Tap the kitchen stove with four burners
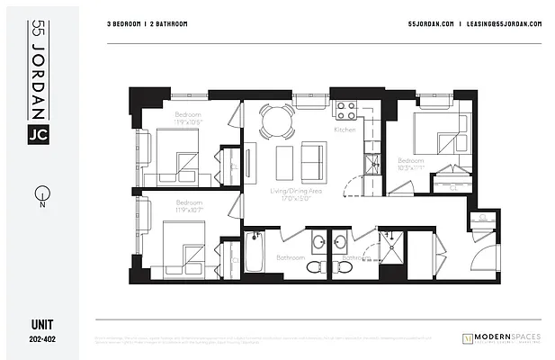click(346, 111)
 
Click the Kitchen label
click(345, 130)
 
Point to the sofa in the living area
click(313, 160)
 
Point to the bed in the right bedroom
click(434, 136)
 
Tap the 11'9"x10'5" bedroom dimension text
click(189, 121)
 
